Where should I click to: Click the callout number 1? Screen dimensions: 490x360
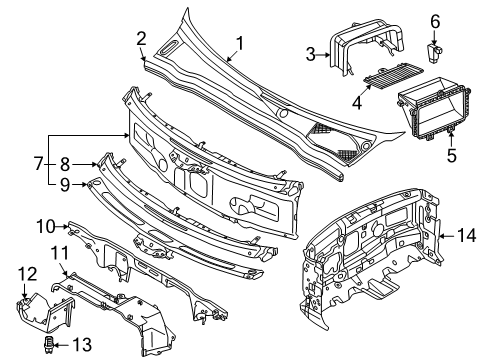pos(240,44)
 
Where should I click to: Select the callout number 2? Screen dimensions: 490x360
pos(141,39)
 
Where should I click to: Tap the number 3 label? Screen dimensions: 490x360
pos(311,54)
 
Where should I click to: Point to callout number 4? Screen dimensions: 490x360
pos(357,102)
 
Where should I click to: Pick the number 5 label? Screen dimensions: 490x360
pos(452,155)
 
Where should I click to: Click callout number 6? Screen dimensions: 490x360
pos(435,22)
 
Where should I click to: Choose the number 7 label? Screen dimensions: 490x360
pos(39,164)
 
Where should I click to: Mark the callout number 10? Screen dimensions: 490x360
pos(45,227)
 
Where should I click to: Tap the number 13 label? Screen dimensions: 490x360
pos(82,344)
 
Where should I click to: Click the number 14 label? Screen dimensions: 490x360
pos(467,235)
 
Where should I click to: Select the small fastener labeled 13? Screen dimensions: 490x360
pos(49,344)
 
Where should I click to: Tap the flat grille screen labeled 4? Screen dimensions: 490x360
pos(393,76)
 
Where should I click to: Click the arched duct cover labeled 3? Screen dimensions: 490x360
pos(367,47)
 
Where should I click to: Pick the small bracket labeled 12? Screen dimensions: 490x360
pos(45,312)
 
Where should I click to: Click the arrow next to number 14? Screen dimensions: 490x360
pos(447,236)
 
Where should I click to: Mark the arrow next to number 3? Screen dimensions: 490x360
pos(323,55)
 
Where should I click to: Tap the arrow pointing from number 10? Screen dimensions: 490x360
pos(62,227)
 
